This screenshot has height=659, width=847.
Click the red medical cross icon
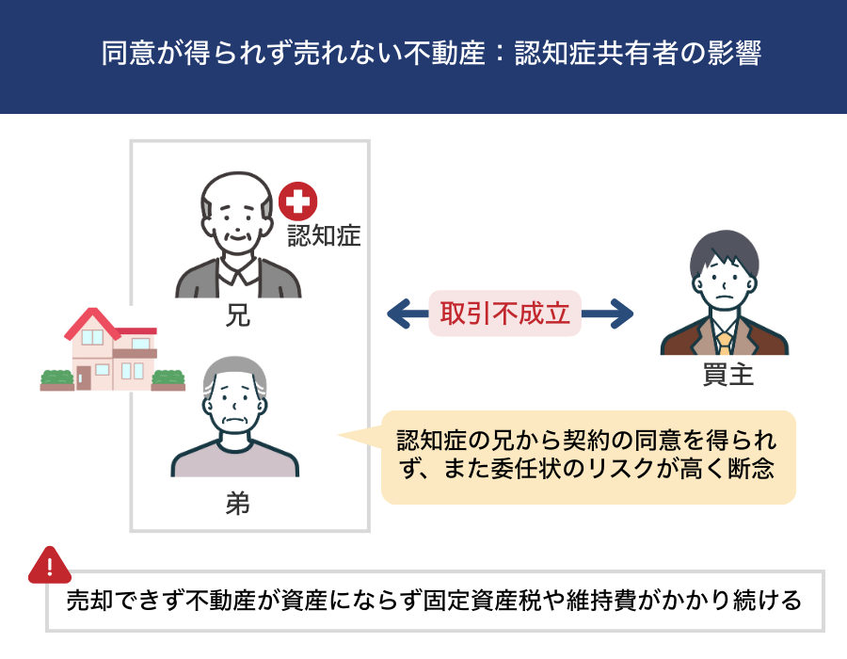click(x=298, y=201)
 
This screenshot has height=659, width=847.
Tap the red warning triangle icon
click(x=50, y=565)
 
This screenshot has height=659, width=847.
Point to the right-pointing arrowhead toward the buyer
click(x=621, y=314)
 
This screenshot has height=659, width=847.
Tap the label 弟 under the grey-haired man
click(x=238, y=504)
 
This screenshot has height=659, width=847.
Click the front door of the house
click(x=83, y=377)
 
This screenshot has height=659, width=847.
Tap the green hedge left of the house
click(x=56, y=378)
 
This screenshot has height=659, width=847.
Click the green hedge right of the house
click(x=168, y=378)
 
